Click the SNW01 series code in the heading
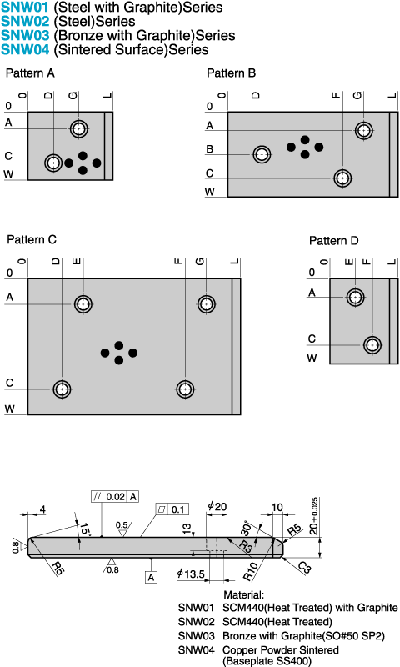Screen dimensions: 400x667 [x=25, y=8]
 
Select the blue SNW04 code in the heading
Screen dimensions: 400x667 [x=25, y=49]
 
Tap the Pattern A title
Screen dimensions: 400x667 [x=30, y=73]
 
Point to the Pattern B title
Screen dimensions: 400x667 [x=231, y=73]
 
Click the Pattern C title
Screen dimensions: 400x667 [x=32, y=239]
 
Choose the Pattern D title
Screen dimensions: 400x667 [x=333, y=241]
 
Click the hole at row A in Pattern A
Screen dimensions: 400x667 [x=79, y=128]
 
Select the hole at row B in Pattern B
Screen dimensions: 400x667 [x=262, y=154]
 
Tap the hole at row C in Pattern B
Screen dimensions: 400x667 [x=342, y=178]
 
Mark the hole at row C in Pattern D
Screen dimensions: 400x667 [x=372, y=344]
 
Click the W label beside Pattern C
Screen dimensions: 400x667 [x=10, y=409]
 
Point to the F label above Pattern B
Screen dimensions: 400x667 [x=336, y=95]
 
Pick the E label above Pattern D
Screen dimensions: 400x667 [x=349, y=262]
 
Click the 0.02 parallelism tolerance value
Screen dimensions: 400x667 [x=115, y=496]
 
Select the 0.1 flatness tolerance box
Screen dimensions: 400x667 [x=172, y=509]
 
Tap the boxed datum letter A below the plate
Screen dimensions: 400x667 [x=151, y=577]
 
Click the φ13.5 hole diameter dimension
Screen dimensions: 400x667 [x=191, y=574]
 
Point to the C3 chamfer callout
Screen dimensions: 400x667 [x=304, y=567]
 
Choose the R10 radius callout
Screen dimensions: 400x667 [x=250, y=572]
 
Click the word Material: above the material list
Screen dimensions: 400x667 [x=243, y=594]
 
